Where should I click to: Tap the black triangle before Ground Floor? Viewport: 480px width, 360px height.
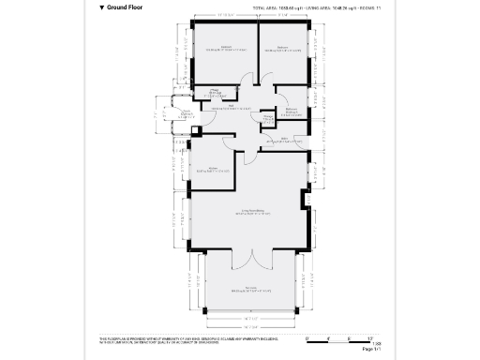click(101, 7)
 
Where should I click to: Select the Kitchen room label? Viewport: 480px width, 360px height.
click(213, 170)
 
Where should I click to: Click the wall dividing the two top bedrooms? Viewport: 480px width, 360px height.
click(258, 52)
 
